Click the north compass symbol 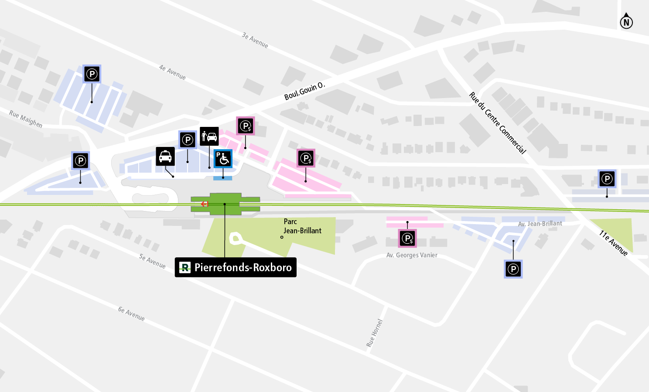click(x=626, y=21)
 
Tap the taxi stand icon click(x=165, y=157)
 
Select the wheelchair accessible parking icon click(x=223, y=159)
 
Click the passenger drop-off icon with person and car click(x=209, y=136)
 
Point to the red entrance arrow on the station click(x=205, y=204)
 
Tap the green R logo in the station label click(x=185, y=267)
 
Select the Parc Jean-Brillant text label click(x=302, y=226)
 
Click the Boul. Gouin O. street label click(x=304, y=91)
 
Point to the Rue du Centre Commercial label click(x=498, y=123)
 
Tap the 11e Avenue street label click(x=613, y=243)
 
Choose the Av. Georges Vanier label click(x=412, y=255)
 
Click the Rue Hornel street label click(x=374, y=333)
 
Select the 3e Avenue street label click(x=255, y=40)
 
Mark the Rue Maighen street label click(x=26, y=119)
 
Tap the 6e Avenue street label click(x=131, y=314)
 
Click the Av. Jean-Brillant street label click(x=540, y=224)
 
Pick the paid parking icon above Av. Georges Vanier click(x=407, y=239)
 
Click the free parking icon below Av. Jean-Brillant click(x=513, y=269)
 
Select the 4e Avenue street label click(x=172, y=72)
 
